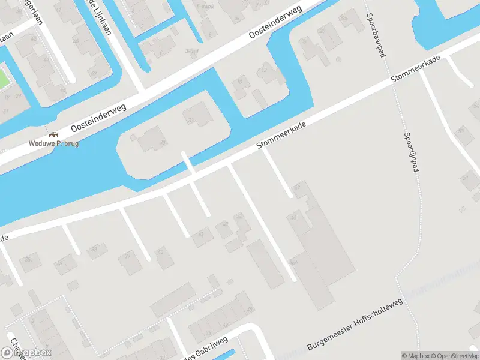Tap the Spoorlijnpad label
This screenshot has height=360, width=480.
[x=411, y=152]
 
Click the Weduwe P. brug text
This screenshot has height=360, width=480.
[x=54, y=144]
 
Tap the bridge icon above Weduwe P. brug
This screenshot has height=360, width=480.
[x=53, y=134]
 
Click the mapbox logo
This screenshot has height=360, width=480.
[x=26, y=352]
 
